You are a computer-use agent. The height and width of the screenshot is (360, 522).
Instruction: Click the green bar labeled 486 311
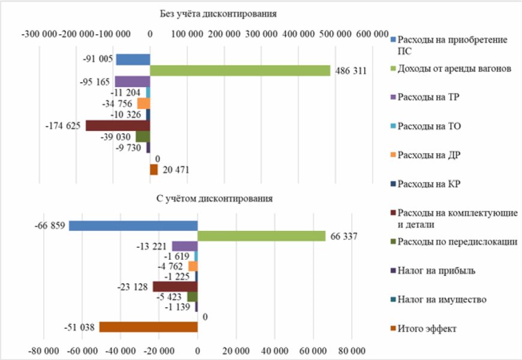(240, 71)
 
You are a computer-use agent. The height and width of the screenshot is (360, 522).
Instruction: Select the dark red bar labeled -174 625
(118, 125)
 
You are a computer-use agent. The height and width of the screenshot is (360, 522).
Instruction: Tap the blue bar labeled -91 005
(133, 59)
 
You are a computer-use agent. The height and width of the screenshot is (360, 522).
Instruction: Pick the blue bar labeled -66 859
(133, 226)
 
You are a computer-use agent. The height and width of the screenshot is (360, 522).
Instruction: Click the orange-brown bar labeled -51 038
(148, 327)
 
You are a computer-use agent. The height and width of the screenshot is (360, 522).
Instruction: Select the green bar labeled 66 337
(262, 236)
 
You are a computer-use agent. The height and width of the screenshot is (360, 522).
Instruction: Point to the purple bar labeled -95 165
(132, 82)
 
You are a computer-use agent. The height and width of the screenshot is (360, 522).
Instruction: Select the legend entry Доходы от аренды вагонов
(454, 69)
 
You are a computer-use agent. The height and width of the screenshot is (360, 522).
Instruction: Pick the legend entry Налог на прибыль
(436, 271)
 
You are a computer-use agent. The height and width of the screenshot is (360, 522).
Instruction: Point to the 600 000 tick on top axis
(372, 35)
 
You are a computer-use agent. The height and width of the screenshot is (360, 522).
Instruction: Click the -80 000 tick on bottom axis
(44, 350)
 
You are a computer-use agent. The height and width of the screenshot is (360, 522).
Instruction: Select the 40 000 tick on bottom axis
(275, 350)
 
